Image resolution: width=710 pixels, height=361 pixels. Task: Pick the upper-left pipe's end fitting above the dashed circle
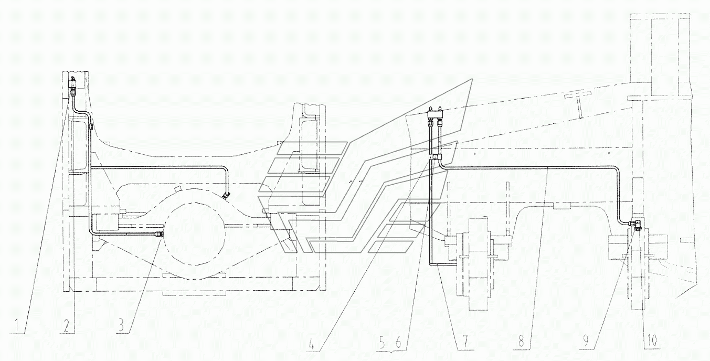pos(226,196)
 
